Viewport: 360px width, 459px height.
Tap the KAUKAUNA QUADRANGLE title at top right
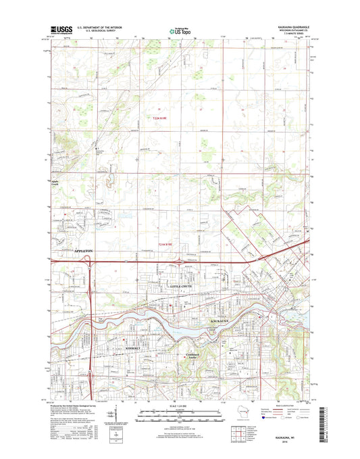pos(294,27)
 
